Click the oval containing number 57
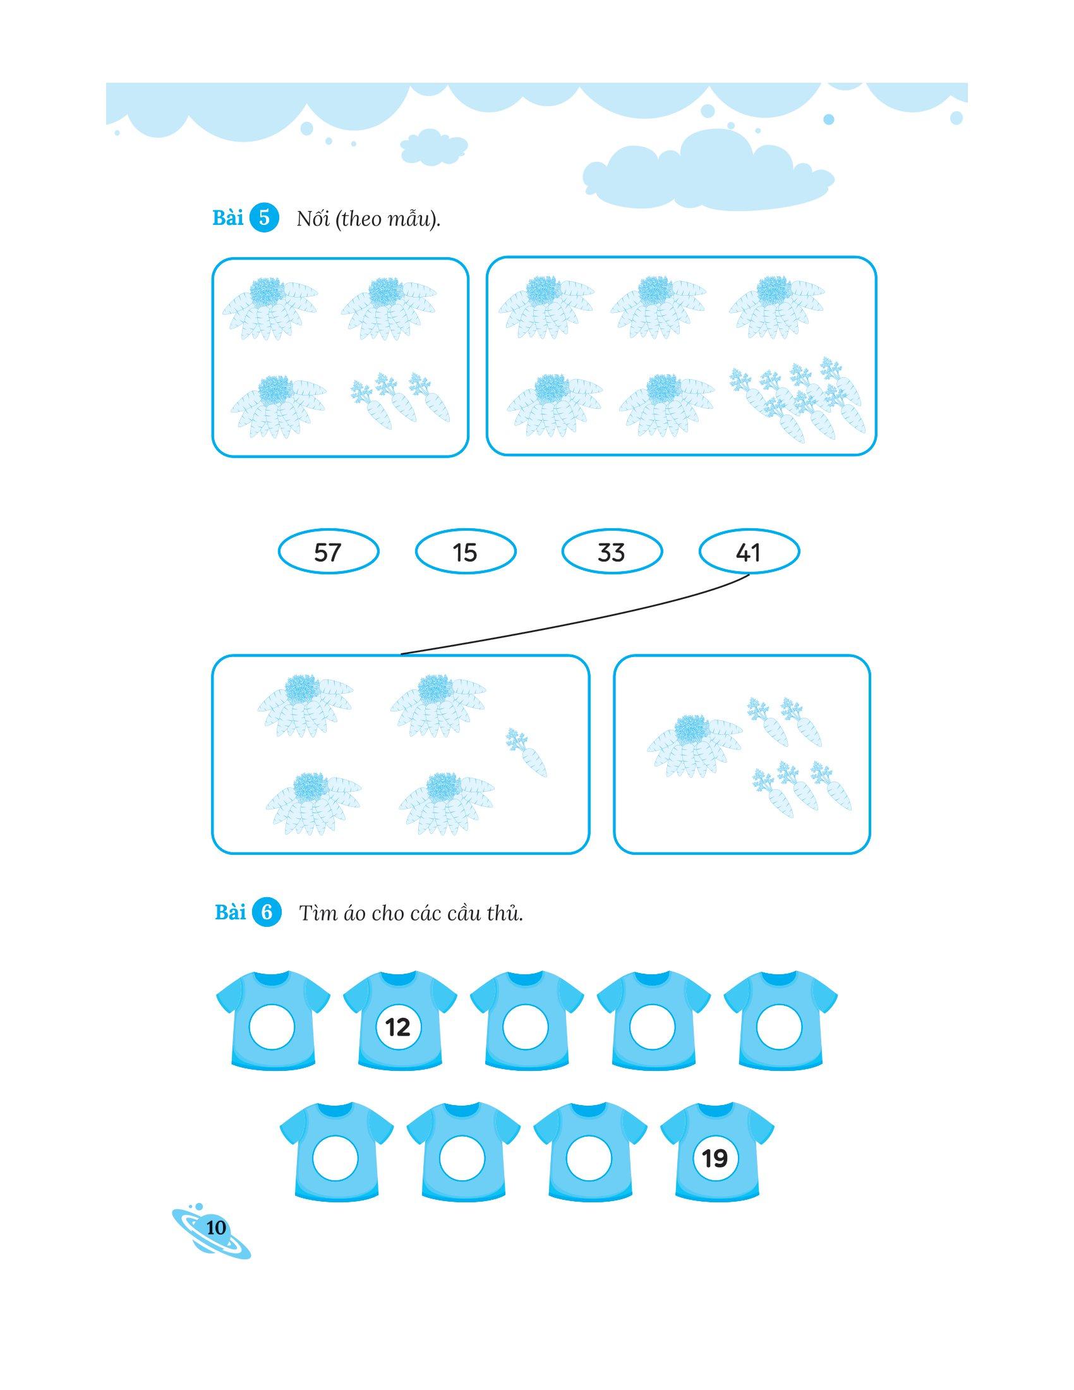329,552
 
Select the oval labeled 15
465,552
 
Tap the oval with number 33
612,552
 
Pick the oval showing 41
749,552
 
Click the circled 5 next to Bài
265,219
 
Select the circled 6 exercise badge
267,914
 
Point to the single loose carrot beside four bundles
526,752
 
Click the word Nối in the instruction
311,220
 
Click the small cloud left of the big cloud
434,148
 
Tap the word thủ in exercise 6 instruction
509,915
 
